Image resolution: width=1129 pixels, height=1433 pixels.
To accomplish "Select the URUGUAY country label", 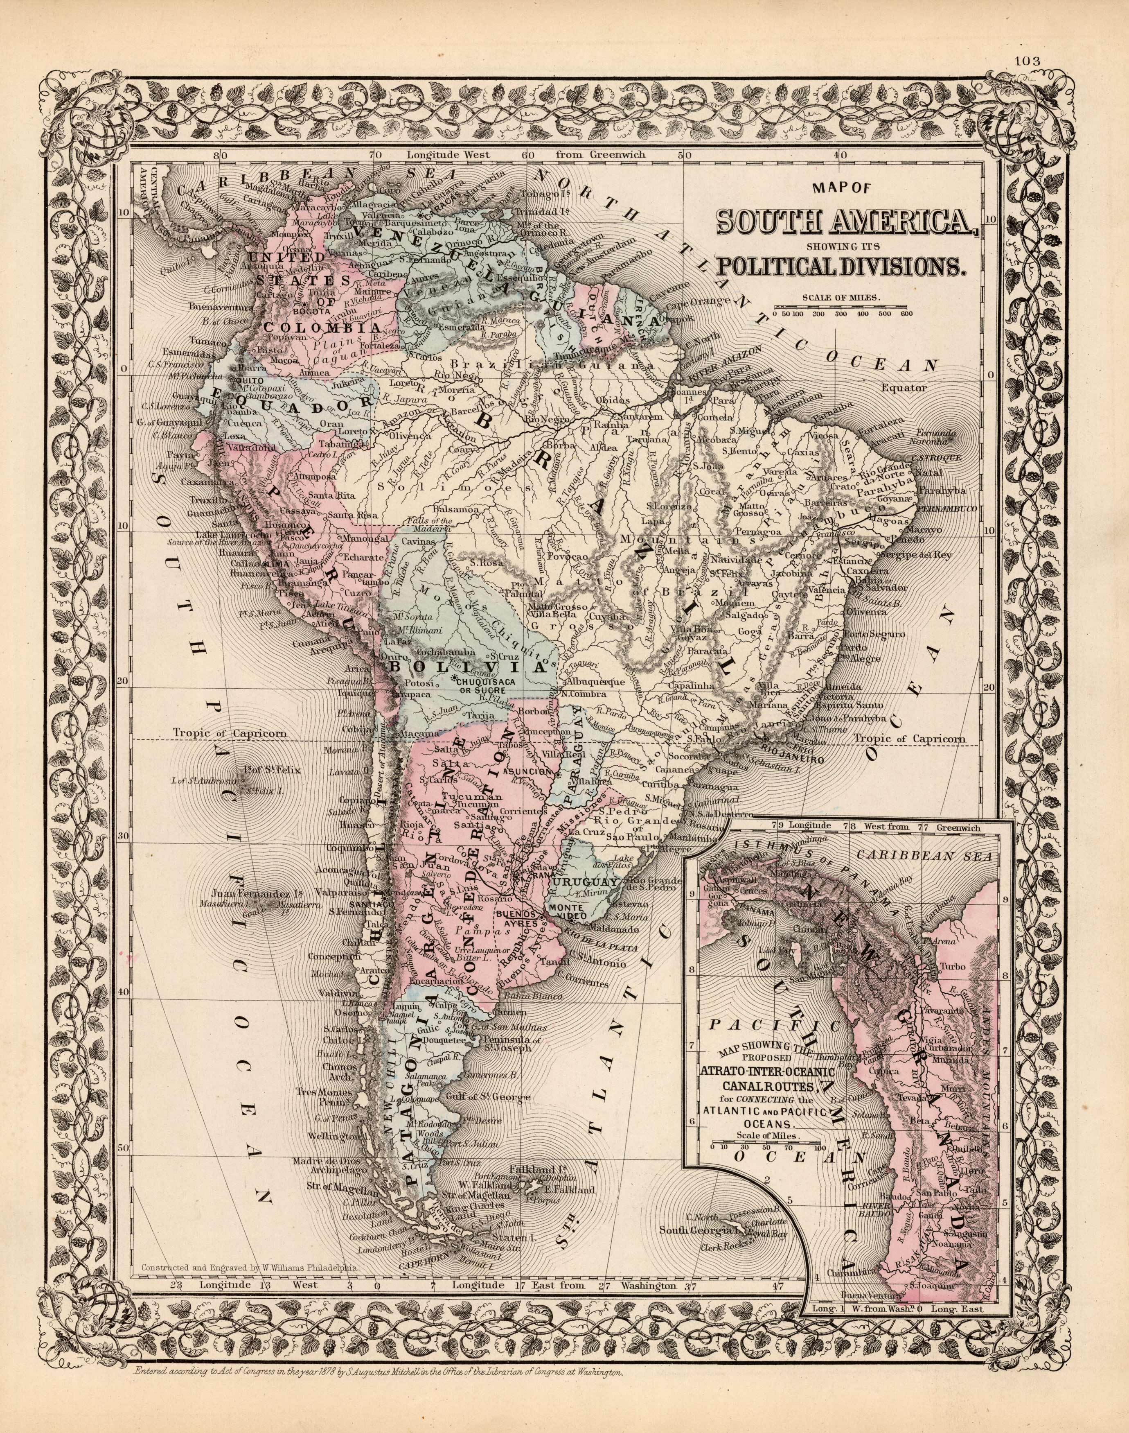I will (586, 884).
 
